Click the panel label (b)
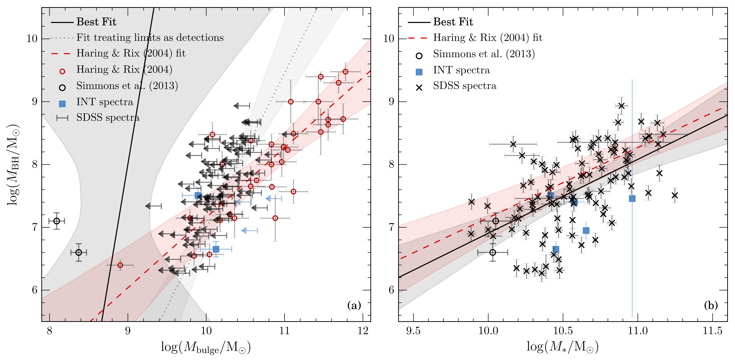(711, 306)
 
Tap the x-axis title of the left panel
(206, 347)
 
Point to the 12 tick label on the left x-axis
(363, 331)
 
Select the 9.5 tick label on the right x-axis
(413, 331)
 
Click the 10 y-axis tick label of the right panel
(389, 39)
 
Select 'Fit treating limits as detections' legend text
(150, 37)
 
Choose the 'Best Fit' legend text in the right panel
(453, 22)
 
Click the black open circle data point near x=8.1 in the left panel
(57, 221)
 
